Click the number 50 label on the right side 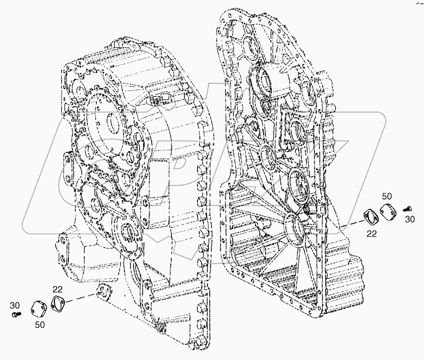tap(386, 196)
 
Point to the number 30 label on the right tap(409, 219)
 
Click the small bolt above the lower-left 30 tap(15, 313)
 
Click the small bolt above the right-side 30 tap(406, 209)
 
